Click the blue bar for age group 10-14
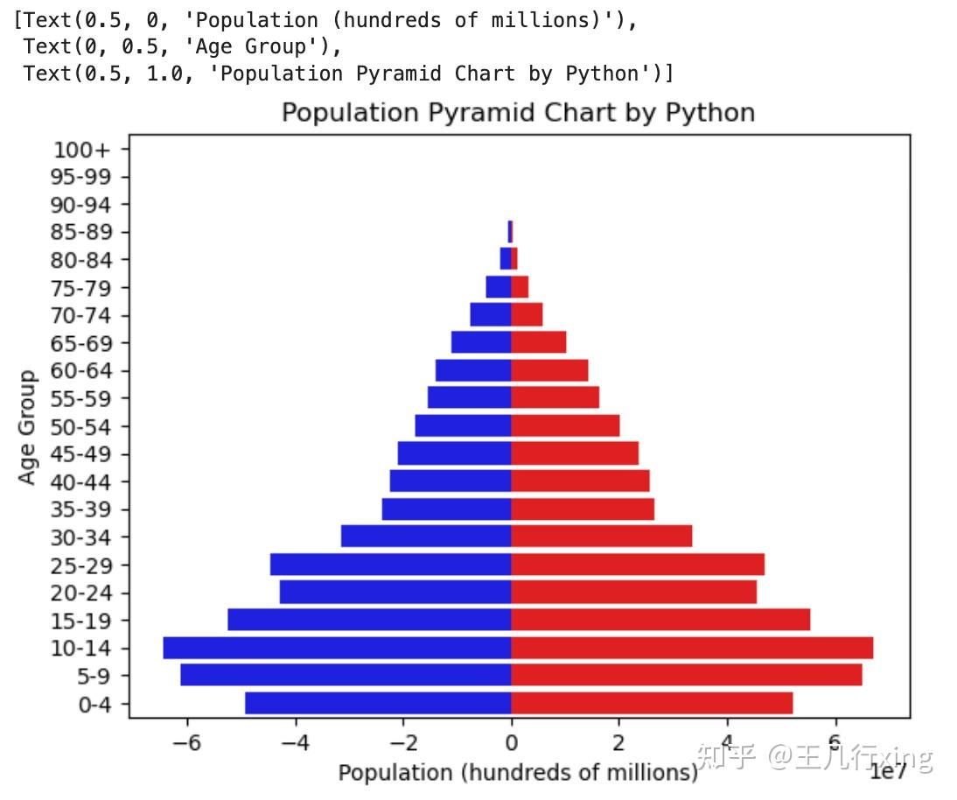click(337, 649)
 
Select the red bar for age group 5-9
click(687, 676)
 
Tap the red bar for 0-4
click(652, 704)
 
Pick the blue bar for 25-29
click(390, 565)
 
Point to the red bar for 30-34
click(602, 537)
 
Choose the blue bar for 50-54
click(463, 426)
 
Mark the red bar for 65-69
click(539, 342)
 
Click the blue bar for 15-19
click(369, 620)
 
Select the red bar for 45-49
click(575, 453)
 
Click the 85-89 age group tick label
click(81, 233)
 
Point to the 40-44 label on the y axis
click(81, 482)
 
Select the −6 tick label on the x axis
click(186, 743)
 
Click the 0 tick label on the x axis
click(511, 743)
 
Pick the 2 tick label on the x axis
click(619, 743)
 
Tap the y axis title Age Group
click(28, 427)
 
